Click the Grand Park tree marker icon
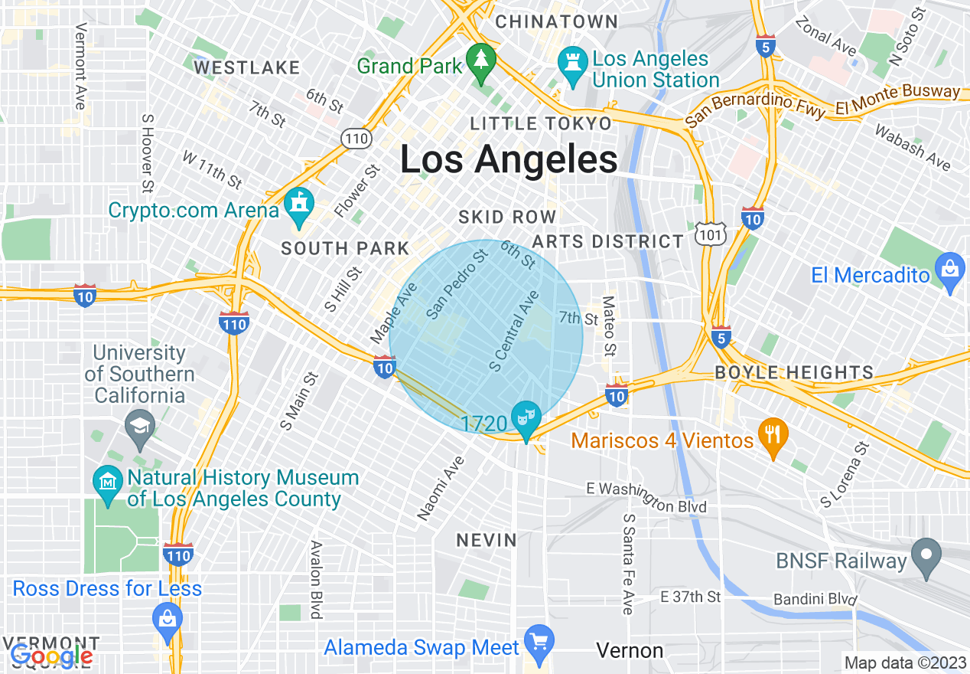pyautogui.click(x=481, y=62)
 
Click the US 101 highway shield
pyautogui.click(x=711, y=234)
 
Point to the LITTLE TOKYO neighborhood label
pyautogui.click(x=541, y=123)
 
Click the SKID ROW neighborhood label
pyautogui.click(x=507, y=218)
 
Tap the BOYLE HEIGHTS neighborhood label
pyautogui.click(x=794, y=373)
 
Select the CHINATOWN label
pyautogui.click(x=556, y=21)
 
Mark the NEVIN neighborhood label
pyautogui.click(x=487, y=540)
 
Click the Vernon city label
pyautogui.click(x=630, y=651)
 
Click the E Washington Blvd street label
pyautogui.click(x=646, y=498)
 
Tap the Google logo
pyautogui.click(x=52, y=656)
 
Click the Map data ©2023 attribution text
pyautogui.click(x=905, y=663)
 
